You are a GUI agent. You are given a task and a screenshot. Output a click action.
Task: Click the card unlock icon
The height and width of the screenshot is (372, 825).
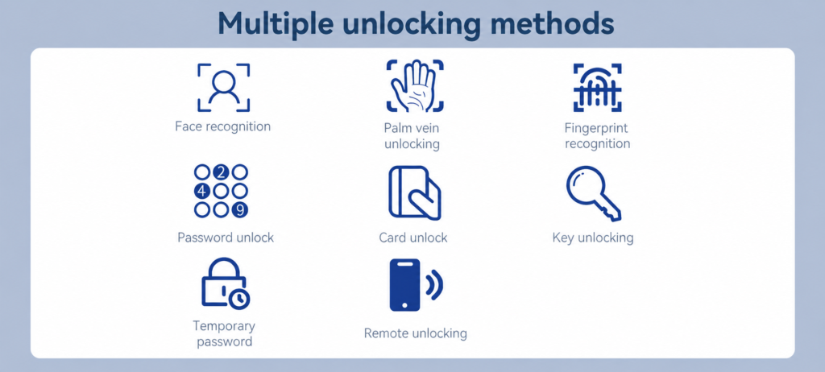(415, 192)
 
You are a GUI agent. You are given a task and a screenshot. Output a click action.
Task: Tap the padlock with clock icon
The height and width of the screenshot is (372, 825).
(223, 285)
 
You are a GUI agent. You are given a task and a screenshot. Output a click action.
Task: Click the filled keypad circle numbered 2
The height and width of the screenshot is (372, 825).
(221, 172)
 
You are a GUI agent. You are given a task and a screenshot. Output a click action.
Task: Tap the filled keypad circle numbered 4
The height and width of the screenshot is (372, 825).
(202, 191)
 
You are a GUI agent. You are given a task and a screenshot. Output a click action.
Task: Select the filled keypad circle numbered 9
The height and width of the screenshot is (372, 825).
(240, 209)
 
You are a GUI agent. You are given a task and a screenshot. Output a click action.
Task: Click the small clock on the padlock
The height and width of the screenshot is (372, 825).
(239, 299)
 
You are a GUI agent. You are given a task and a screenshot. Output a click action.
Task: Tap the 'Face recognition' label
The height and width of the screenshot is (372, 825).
(223, 126)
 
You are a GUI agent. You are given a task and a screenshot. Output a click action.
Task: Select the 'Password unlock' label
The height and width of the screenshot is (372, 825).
(226, 238)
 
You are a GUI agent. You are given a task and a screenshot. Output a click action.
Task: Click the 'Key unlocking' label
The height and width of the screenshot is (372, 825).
(593, 238)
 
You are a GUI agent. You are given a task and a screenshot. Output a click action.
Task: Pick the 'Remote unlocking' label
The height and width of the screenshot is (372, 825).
(416, 333)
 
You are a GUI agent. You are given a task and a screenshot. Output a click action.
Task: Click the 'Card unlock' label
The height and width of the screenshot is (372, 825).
(413, 238)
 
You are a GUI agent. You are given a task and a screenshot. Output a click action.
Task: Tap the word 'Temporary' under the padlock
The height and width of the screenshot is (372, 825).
(224, 326)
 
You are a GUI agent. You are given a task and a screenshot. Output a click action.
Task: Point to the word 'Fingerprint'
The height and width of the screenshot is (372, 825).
(597, 128)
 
